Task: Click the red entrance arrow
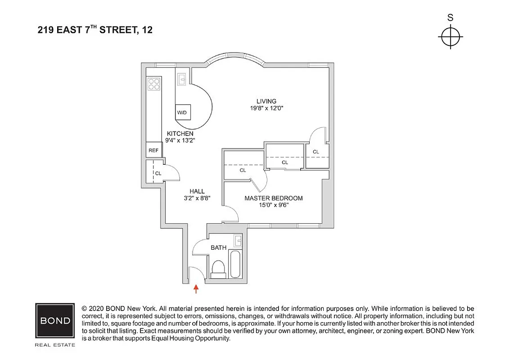196,288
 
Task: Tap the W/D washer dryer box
182,112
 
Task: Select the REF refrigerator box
153,150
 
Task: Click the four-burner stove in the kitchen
154,84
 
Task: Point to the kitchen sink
182,79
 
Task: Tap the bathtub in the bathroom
235,265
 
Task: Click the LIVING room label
266,101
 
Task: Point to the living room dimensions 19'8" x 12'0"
266,108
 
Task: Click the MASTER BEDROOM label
273,198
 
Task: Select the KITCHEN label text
180,134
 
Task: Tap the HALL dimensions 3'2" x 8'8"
197,198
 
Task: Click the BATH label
218,247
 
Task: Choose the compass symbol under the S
450,36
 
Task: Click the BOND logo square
55,321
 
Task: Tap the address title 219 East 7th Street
95,31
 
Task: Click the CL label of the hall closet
158,173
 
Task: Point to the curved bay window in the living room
234,60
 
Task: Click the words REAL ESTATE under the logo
55,345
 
